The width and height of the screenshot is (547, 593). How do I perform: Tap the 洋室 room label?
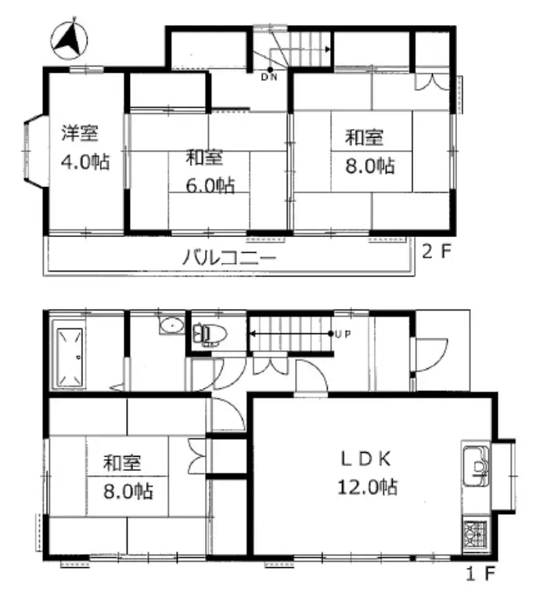tap(81, 132)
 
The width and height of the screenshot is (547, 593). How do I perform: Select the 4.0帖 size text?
tap(85, 163)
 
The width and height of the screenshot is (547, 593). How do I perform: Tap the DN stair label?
tap(268, 77)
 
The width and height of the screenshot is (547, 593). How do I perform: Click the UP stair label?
tap(342, 334)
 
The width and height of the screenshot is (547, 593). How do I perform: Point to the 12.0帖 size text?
tap(367, 487)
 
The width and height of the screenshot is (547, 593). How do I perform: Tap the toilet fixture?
tap(211, 335)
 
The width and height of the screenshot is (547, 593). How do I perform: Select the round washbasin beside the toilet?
tap(170, 326)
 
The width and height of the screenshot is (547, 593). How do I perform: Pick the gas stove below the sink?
tap(474, 536)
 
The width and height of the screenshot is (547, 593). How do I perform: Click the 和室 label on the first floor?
tap(122, 462)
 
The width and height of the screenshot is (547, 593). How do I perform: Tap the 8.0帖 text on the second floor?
tap(372, 166)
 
